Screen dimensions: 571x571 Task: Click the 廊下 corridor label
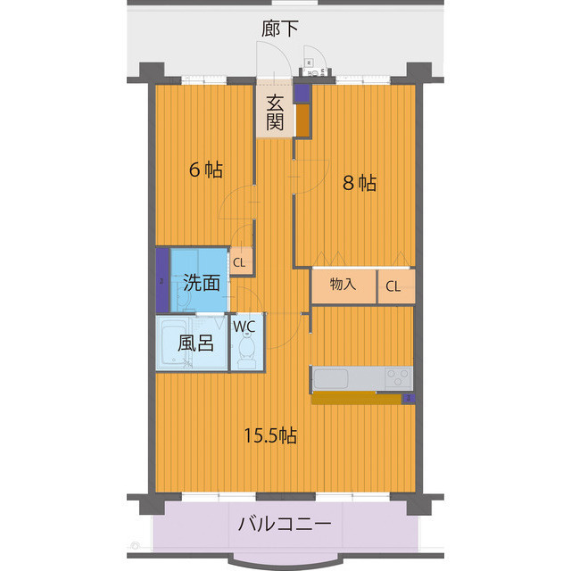(280, 29)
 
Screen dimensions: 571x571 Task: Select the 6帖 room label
(205, 170)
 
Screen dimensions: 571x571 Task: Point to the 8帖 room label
(360, 183)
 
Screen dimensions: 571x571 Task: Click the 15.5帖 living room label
(271, 435)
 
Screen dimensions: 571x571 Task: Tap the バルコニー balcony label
(285, 524)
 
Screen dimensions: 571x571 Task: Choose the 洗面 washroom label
(202, 284)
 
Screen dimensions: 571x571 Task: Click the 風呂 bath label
(194, 343)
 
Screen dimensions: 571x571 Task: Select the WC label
(244, 326)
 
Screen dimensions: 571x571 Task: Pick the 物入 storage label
(343, 285)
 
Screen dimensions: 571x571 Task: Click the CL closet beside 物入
(394, 285)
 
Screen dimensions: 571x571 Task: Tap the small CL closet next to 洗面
(239, 262)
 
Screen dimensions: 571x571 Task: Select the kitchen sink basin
(333, 379)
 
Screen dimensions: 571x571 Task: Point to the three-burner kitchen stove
(398, 377)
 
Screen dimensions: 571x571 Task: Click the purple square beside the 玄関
(302, 91)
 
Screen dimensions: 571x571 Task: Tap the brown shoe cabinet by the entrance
(303, 120)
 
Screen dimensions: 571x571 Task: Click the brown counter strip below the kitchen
(357, 398)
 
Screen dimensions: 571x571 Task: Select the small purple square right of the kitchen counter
(409, 398)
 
